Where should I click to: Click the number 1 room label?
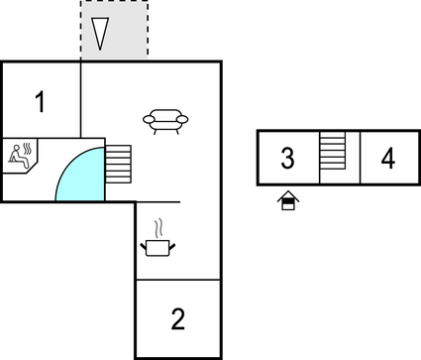click(40, 101)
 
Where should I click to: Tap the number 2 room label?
click(177, 319)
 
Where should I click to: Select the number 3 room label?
click(287, 158)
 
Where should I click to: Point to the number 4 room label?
click(388, 158)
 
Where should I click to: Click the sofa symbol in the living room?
click(166, 120)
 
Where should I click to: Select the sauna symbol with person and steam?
click(21, 155)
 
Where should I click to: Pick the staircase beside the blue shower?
click(118, 164)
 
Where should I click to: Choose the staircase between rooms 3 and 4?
click(332, 158)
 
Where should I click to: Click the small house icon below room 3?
click(288, 202)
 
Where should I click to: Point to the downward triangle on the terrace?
click(98, 34)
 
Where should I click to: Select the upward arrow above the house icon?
click(288, 194)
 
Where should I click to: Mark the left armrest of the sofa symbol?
click(149, 121)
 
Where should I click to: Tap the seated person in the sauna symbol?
click(17, 156)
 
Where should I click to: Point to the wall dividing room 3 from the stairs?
click(320, 158)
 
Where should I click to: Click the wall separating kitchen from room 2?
click(177, 280)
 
